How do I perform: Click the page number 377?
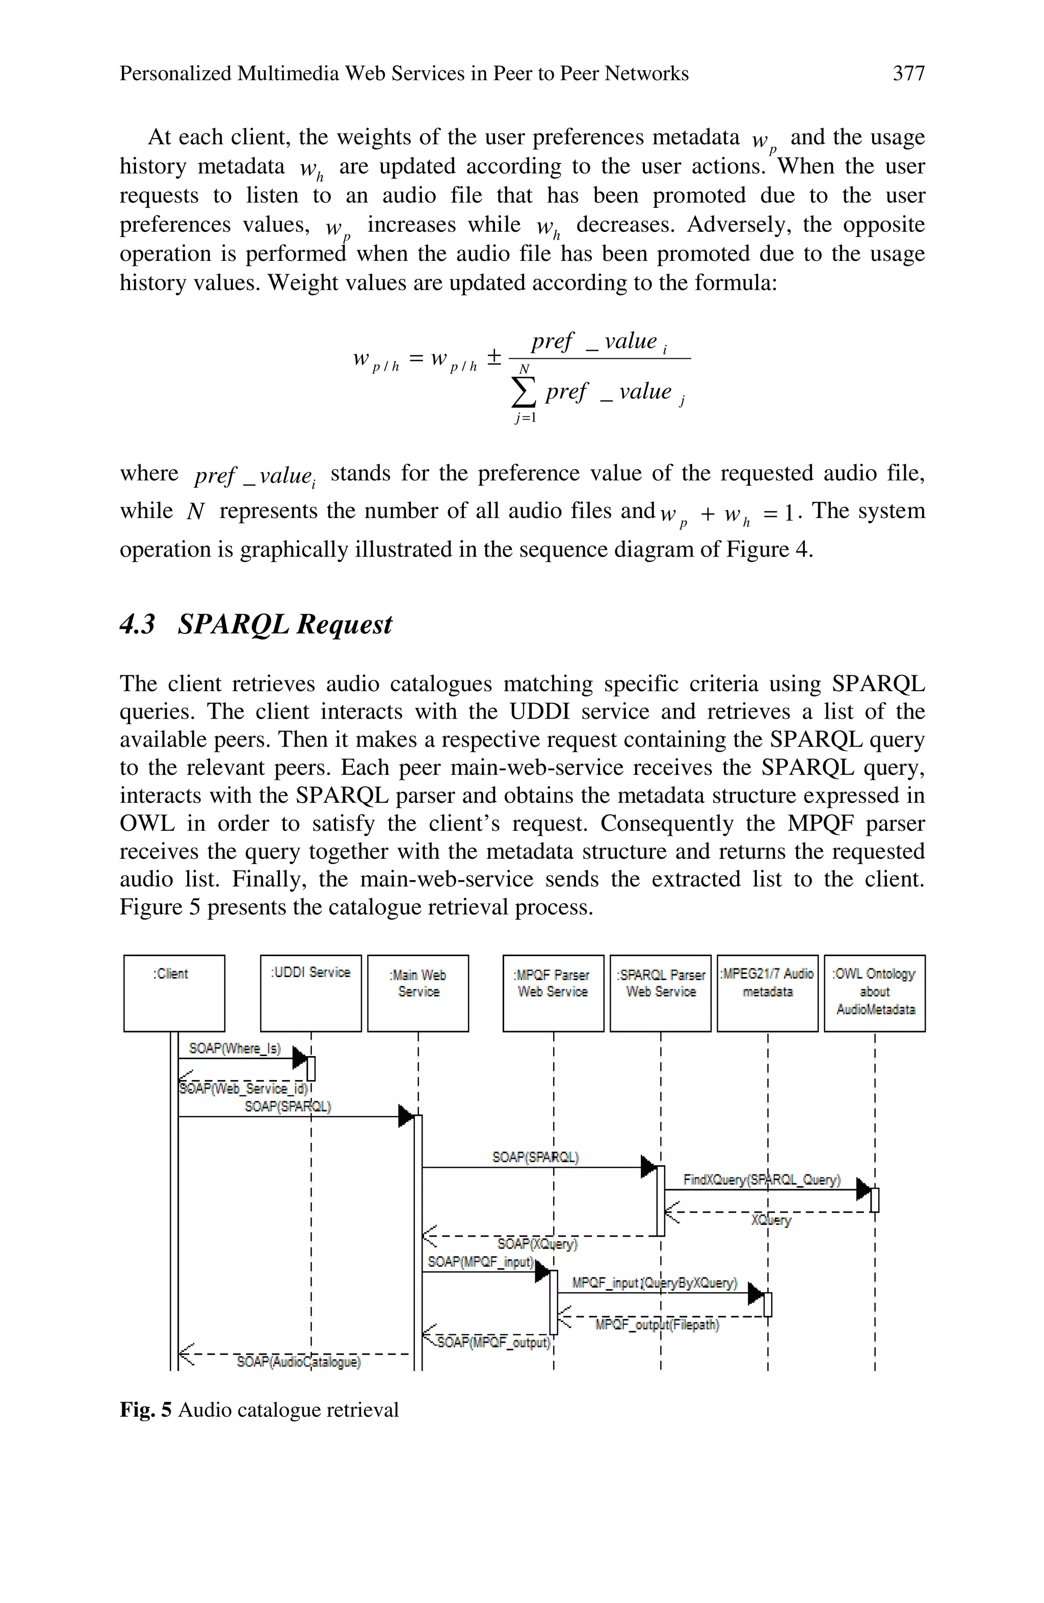tap(908, 73)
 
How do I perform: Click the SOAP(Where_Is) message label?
tap(234, 1048)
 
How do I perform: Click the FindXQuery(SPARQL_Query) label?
tap(762, 1179)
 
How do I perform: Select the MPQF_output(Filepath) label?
tap(657, 1325)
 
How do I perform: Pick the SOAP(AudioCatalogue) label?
tap(298, 1362)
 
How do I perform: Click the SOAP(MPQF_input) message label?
tap(481, 1262)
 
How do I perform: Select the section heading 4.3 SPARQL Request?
tap(256, 624)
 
